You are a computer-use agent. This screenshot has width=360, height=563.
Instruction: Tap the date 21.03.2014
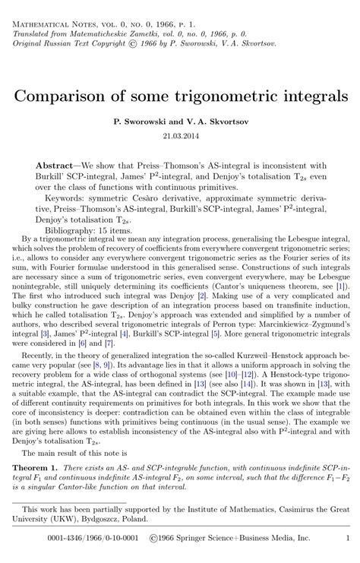(179, 136)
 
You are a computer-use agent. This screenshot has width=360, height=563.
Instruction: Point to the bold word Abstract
(56, 165)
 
